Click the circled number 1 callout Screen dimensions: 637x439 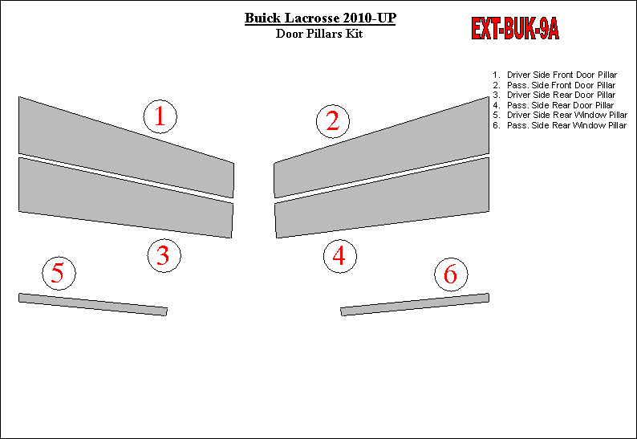click(160, 116)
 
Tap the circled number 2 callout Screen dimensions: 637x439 click(333, 121)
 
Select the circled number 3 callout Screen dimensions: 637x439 click(164, 256)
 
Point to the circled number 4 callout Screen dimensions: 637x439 click(340, 256)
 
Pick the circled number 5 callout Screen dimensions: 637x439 click(59, 273)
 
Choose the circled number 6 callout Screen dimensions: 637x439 click(451, 274)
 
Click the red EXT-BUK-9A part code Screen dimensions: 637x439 click(515, 29)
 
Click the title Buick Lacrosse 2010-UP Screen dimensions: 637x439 click(320, 18)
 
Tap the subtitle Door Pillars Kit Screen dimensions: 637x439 click(319, 34)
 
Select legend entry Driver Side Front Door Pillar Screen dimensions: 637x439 click(562, 75)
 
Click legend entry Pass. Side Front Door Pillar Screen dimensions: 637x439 click(561, 85)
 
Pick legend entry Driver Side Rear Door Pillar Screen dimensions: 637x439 click(561, 95)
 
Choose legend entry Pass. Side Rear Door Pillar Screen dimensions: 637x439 click(560, 105)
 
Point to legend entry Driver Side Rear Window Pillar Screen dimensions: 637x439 click(567, 115)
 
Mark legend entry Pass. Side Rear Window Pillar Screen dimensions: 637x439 click(566, 125)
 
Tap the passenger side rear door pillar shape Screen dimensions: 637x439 click(382, 198)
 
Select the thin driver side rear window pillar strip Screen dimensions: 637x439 click(93, 304)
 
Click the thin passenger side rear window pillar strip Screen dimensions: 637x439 click(415, 304)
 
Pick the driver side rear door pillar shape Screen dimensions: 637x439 click(126, 198)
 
